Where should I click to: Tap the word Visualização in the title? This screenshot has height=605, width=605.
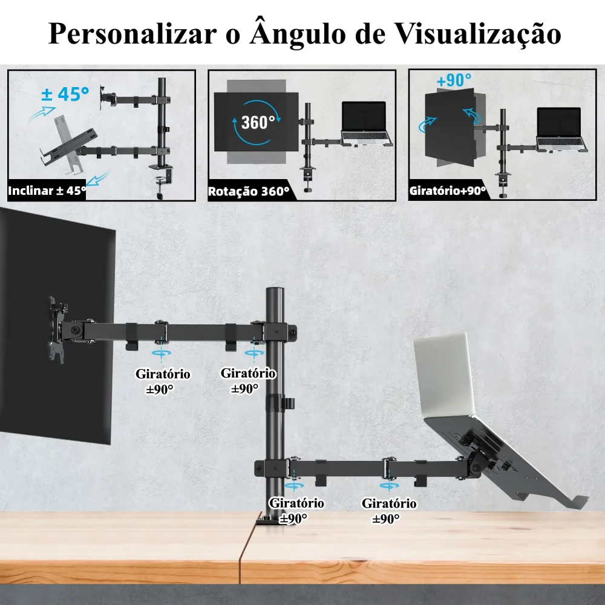pyautogui.click(x=477, y=33)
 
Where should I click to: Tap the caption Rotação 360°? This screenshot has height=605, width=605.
pyautogui.click(x=249, y=192)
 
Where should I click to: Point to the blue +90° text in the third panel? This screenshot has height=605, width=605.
pyautogui.click(x=454, y=81)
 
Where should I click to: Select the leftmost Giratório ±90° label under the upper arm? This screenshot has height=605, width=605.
pyautogui.click(x=162, y=381)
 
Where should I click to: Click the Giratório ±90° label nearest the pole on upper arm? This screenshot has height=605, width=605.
pyautogui.click(x=248, y=381)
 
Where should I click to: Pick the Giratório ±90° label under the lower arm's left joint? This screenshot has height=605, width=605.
pyautogui.click(x=296, y=510)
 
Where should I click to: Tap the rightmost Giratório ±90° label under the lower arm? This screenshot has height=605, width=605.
pyautogui.click(x=388, y=510)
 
